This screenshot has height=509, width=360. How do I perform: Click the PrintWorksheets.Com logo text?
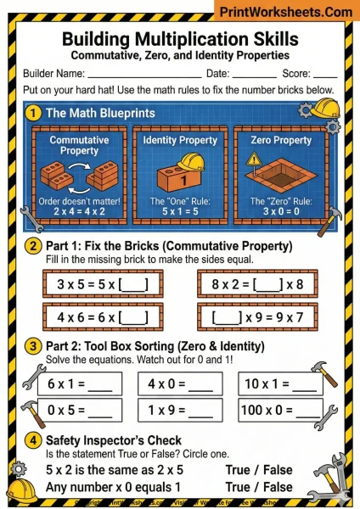[x=285, y=13]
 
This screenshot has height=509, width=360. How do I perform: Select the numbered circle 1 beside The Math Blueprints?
[x=34, y=113]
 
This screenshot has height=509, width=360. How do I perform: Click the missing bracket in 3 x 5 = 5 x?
[x=134, y=283]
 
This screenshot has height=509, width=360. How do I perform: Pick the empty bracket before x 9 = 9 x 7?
[x=228, y=316]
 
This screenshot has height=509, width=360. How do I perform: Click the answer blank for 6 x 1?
[x=99, y=384]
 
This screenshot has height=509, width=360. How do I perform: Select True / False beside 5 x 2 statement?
[x=258, y=470]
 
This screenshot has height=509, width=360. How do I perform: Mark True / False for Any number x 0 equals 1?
[x=258, y=487]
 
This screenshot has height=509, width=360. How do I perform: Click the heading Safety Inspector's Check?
[x=113, y=440]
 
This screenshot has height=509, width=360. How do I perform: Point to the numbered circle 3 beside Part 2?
[x=33, y=346]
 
